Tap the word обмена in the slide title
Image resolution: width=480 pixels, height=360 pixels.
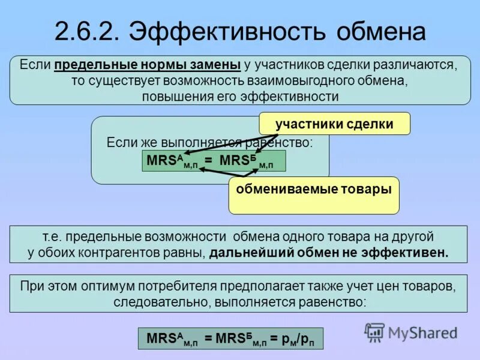[x=382, y=31]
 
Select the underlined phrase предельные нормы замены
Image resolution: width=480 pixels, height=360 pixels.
[x=148, y=65]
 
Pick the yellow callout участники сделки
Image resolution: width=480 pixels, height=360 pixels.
[x=334, y=124]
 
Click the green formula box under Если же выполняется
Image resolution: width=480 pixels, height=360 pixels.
[x=214, y=161]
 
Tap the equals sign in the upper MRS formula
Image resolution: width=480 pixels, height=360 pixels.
[x=208, y=161]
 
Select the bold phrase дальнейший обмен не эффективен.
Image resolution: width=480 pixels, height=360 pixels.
[x=329, y=252]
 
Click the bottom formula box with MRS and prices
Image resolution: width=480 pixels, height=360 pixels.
[x=230, y=338]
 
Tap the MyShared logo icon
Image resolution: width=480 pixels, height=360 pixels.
[x=375, y=332]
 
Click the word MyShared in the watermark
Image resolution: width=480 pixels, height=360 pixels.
[x=422, y=332]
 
